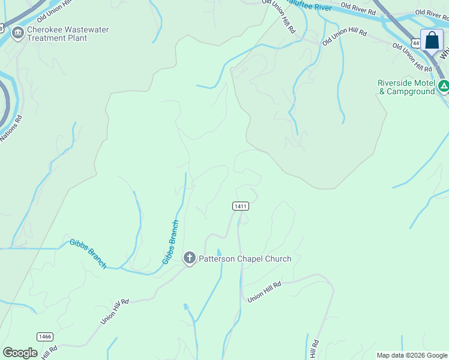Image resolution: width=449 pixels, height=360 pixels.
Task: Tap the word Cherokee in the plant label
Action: (47, 29)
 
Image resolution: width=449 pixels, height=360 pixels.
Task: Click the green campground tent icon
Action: (444, 86)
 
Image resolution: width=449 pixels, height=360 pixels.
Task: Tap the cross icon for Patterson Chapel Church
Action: (190, 259)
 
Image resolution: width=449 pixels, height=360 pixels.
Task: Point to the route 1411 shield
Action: (240, 206)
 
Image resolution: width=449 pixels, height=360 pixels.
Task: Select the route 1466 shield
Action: (44, 337)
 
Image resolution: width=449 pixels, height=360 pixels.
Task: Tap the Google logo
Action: (20, 353)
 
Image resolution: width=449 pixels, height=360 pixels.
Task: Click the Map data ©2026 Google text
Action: (412, 355)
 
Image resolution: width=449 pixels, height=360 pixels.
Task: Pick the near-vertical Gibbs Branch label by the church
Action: (171, 242)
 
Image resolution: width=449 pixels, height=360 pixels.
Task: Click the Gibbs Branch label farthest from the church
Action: (88, 253)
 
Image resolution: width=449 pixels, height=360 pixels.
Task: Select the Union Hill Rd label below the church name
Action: (264, 291)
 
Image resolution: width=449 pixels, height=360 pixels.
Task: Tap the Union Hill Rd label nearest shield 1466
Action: (115, 312)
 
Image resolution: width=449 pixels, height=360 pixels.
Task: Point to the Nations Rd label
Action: (11, 128)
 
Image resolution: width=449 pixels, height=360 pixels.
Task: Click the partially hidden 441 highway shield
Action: (415, 43)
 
